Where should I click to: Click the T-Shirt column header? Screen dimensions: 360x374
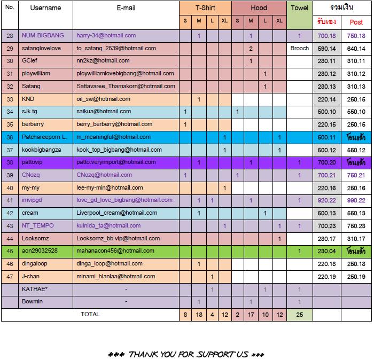[205, 8]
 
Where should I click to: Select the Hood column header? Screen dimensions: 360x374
[259, 8]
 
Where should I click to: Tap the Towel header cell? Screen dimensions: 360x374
[299, 8]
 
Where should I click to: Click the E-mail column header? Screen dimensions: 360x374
[126, 8]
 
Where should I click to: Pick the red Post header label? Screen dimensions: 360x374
[356, 22]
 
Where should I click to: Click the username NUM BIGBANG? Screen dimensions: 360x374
[43, 36]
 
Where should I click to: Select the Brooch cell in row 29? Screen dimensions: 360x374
[299, 48]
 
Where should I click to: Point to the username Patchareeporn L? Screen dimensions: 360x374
[44, 137]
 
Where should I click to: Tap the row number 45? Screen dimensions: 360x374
[10, 251]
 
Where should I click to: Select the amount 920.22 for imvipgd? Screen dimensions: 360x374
[326, 200]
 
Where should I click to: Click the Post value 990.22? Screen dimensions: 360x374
[356, 200]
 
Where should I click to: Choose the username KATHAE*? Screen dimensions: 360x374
[35, 289]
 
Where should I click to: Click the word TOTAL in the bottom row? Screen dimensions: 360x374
[90, 315]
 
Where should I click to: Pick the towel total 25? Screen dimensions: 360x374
[299, 315]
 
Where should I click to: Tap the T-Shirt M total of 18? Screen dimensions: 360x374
[199, 315]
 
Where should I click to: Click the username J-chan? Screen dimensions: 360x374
[32, 276]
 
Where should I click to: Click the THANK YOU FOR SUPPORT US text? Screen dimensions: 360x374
[186, 354]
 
